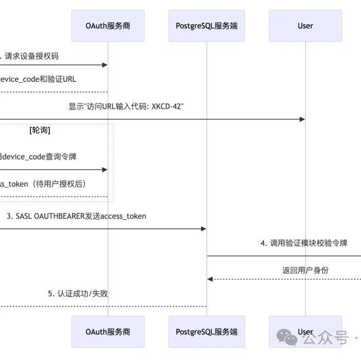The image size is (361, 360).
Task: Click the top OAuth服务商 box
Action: tap(108, 26)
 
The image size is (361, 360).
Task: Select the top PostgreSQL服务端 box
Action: tap(207, 26)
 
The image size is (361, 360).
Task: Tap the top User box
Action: tap(305, 26)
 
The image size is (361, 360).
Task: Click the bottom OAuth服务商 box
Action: tap(108, 332)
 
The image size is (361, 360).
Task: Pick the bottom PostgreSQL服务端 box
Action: tap(207, 332)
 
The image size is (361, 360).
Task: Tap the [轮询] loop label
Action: tap(40, 130)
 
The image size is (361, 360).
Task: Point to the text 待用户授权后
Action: tap(63, 184)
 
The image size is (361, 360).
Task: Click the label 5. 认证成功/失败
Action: tap(78, 294)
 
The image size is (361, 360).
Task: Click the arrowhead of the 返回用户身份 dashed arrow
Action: tap(210, 279)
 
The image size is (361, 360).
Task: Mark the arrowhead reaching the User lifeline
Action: tap(302, 119)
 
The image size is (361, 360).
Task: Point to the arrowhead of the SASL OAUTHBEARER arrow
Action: tap(203, 228)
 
